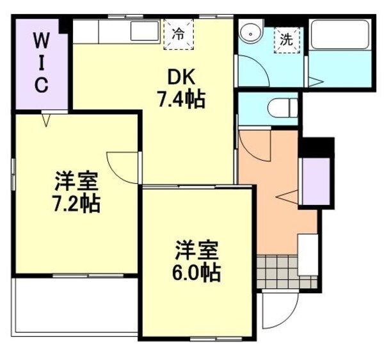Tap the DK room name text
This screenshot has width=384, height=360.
click(x=180, y=77)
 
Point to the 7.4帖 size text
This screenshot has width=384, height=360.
click(x=181, y=99)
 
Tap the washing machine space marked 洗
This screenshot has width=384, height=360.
click(x=286, y=38)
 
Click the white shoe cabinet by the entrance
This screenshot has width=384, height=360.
click(x=308, y=254)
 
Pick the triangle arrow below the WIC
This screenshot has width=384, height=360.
click(x=47, y=119)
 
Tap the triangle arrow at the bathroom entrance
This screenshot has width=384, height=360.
click(x=316, y=81)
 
